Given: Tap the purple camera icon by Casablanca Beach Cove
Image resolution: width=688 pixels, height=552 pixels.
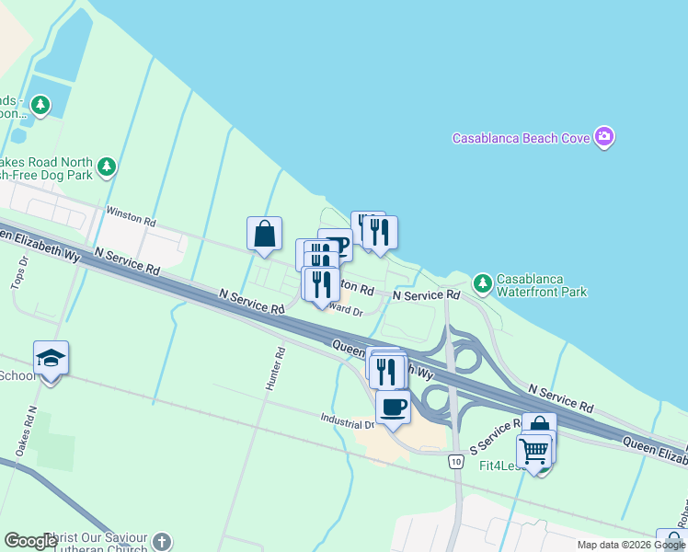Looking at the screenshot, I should [604, 138].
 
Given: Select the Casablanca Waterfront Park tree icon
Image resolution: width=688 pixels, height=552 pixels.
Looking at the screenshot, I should [481, 281].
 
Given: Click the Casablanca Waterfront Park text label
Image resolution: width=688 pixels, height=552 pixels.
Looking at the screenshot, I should [542, 285].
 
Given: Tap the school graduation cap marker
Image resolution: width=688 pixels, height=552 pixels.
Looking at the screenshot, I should [51, 359].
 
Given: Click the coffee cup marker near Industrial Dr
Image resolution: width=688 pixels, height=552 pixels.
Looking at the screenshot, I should [393, 407].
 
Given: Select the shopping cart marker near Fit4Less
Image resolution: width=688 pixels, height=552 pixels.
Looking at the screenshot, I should [533, 452].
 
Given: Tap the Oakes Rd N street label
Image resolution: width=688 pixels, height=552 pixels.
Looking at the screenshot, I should [25, 431].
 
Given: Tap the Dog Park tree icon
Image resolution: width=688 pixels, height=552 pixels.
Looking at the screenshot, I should [109, 167].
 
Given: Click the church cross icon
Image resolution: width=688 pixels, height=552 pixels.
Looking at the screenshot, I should [162, 541].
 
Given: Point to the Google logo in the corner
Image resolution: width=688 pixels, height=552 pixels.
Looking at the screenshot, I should [30, 541].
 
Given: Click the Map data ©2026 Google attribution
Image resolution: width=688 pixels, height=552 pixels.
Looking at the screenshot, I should [631, 545].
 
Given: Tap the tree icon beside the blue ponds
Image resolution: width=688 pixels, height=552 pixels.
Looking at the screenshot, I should [40, 104].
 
